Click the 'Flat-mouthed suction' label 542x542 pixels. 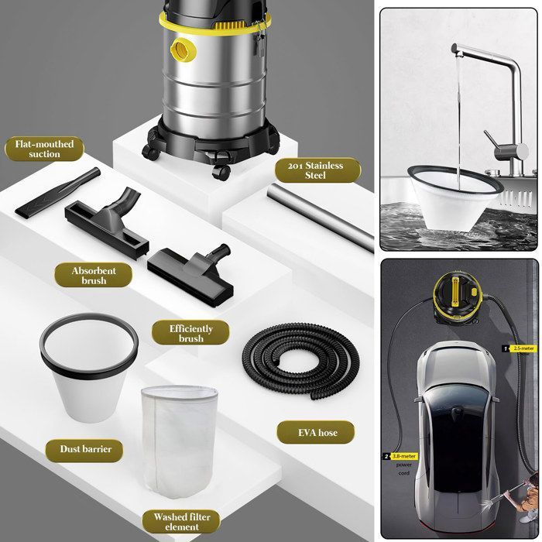pyautogui.click(x=44, y=149)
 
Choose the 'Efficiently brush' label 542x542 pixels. pyautogui.click(x=191, y=333)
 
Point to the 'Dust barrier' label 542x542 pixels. pyautogui.click(x=86, y=449)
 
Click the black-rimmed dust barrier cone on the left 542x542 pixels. pyautogui.click(x=89, y=364)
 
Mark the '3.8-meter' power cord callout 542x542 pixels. pyautogui.click(x=400, y=457)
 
